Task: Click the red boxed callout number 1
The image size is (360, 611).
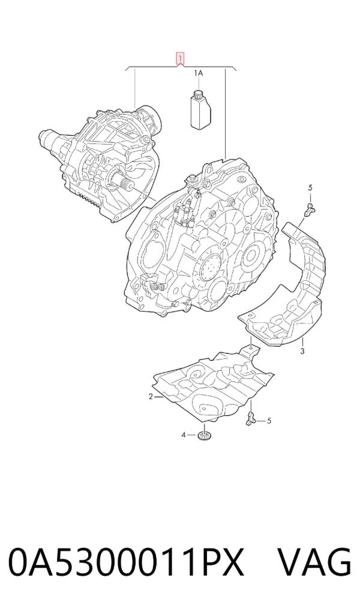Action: point(180,59)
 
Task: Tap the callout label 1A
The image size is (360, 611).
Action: point(199,73)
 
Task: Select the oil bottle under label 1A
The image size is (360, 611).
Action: point(200,109)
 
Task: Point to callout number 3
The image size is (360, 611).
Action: point(302,351)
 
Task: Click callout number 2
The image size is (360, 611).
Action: point(151,397)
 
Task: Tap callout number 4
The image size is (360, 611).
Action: point(184,435)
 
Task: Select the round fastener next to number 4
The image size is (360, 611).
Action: point(203,435)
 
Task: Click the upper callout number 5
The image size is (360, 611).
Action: point(310,188)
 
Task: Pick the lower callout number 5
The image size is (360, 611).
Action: point(269,421)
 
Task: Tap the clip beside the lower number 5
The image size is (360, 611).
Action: point(250,418)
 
